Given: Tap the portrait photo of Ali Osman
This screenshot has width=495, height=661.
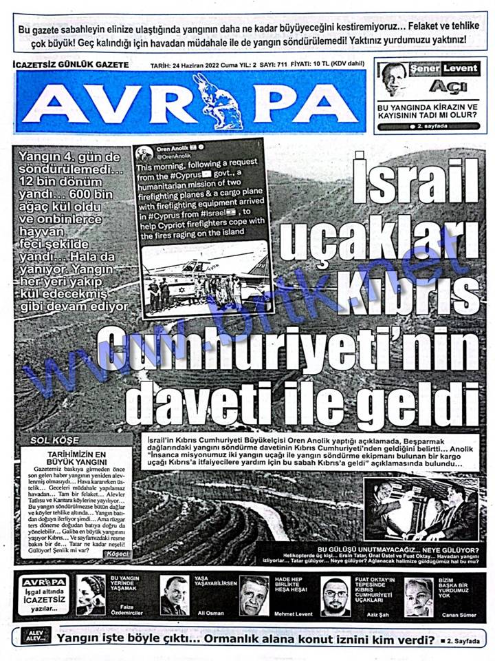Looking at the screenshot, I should [174, 594].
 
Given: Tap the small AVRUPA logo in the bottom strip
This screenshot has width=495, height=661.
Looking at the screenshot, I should [43, 583].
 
